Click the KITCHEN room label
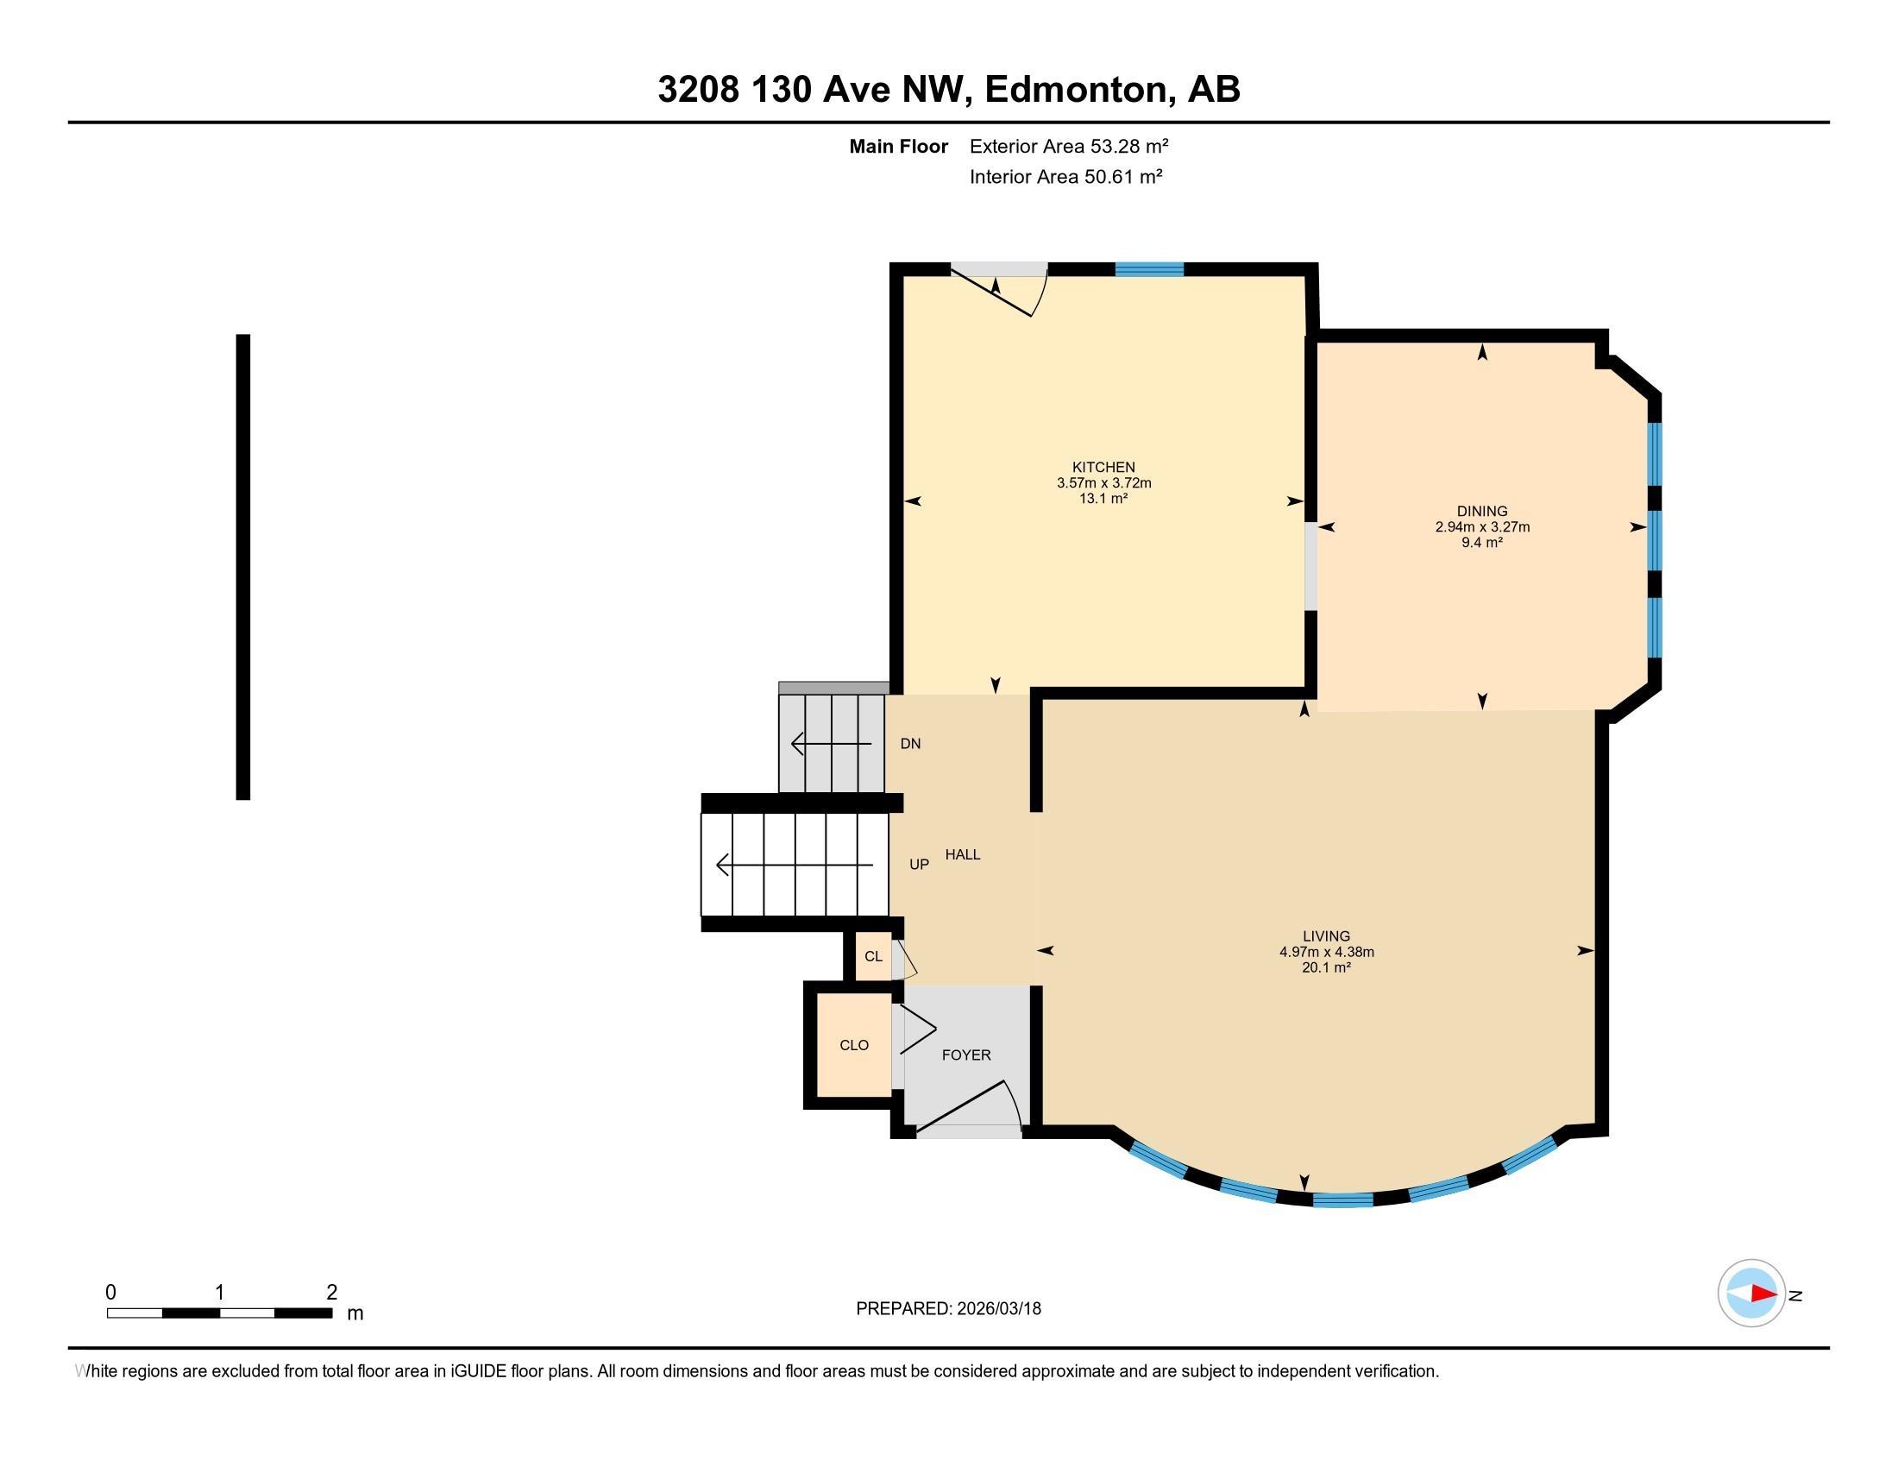(1103, 467)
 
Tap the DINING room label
(1481, 511)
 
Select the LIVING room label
(1326, 936)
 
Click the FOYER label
(965, 1055)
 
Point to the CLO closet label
(853, 1046)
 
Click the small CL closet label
(872, 957)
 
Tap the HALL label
(962, 854)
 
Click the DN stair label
(910, 744)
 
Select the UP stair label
(919, 865)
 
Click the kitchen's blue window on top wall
(1149, 269)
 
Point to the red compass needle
(1763, 1294)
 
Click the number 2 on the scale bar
(331, 1293)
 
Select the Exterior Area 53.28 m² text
(1068, 146)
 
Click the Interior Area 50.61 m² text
(1065, 177)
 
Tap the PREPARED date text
(948, 1309)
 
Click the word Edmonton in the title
(1076, 90)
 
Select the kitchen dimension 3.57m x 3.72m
(1103, 483)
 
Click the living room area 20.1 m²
(1326, 967)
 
